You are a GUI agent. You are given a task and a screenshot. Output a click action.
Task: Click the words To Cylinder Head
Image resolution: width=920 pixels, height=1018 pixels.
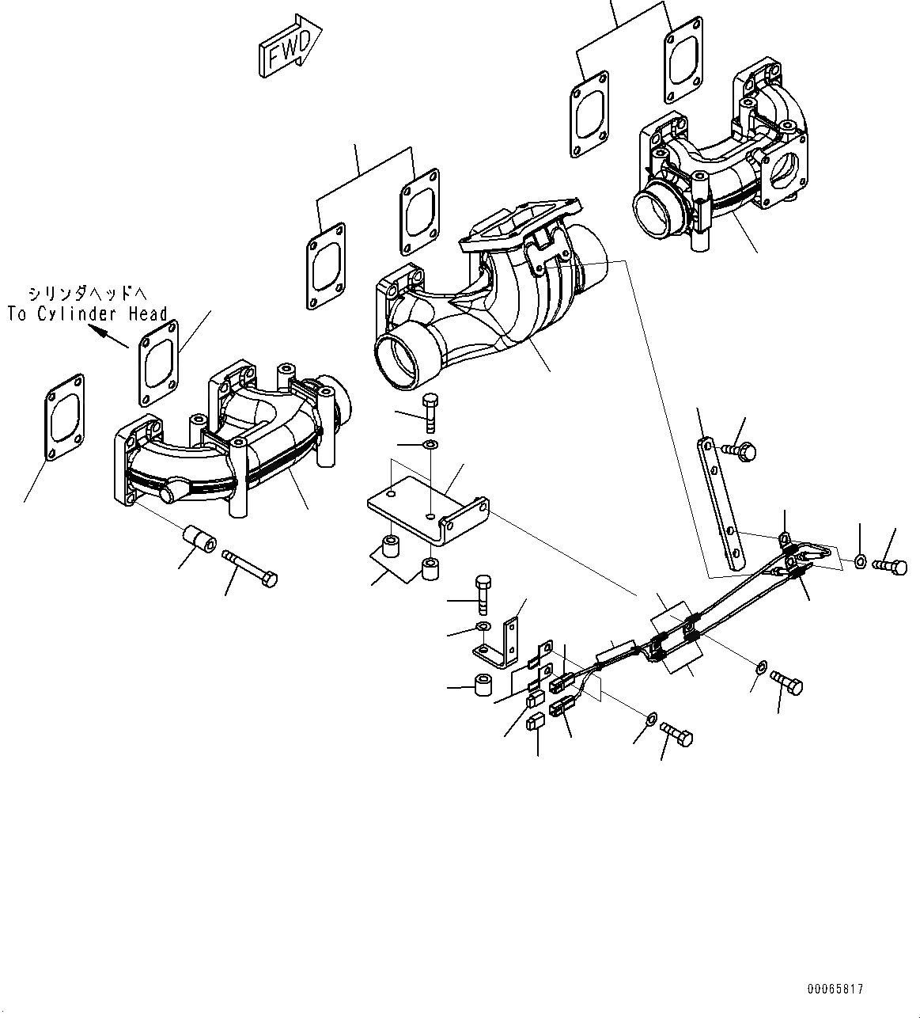coord(87,314)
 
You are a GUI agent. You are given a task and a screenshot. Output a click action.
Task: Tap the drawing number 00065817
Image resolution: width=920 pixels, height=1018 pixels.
coord(835,990)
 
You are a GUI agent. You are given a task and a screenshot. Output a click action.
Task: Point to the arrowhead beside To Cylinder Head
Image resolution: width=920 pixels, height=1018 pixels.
coord(100,332)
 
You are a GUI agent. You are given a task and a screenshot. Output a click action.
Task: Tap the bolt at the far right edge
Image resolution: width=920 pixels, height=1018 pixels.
coord(890,565)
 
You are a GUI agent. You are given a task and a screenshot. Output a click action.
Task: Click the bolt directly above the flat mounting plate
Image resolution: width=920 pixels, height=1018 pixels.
coord(430,411)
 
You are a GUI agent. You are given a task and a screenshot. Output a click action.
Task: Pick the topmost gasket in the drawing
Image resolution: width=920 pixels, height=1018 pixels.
coord(685,57)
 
